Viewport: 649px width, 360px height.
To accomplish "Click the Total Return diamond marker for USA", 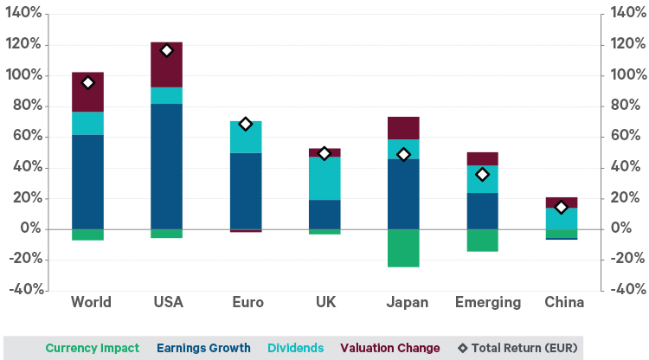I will tap(166, 51).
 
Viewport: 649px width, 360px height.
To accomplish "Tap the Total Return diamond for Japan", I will tap(403, 155).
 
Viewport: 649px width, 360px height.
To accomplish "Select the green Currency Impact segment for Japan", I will tap(403, 247).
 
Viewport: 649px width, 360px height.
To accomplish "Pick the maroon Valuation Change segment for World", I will tap(87, 92).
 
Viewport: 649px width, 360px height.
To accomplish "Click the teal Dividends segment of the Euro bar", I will tap(246, 137).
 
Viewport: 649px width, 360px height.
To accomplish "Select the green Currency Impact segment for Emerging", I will tap(482, 240).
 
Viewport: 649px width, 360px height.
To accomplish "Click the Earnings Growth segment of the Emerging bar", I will tap(482, 210).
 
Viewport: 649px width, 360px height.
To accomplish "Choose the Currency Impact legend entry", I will tap(92, 348).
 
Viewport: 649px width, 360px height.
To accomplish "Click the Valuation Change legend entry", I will tap(390, 348).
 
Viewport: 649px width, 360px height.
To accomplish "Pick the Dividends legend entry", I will tap(295, 348).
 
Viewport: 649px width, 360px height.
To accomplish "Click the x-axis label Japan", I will tap(403, 303).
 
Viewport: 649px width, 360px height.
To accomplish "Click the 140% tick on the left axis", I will tap(23, 14).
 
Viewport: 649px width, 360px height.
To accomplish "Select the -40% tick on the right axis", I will tap(627, 290).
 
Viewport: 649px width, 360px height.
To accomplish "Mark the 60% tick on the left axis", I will tap(26, 137).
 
